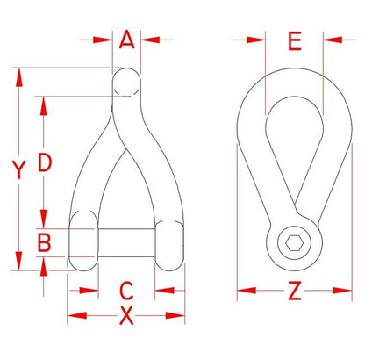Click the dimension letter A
[x=127, y=40]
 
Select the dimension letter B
[x=45, y=242]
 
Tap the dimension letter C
[x=126, y=291]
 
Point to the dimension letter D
[x=45, y=162]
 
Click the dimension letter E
[x=295, y=41]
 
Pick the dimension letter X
[x=126, y=316]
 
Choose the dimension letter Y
[x=19, y=169]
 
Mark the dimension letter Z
[x=294, y=291]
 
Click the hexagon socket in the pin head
[x=294, y=243]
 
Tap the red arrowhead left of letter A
[x=103, y=40]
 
